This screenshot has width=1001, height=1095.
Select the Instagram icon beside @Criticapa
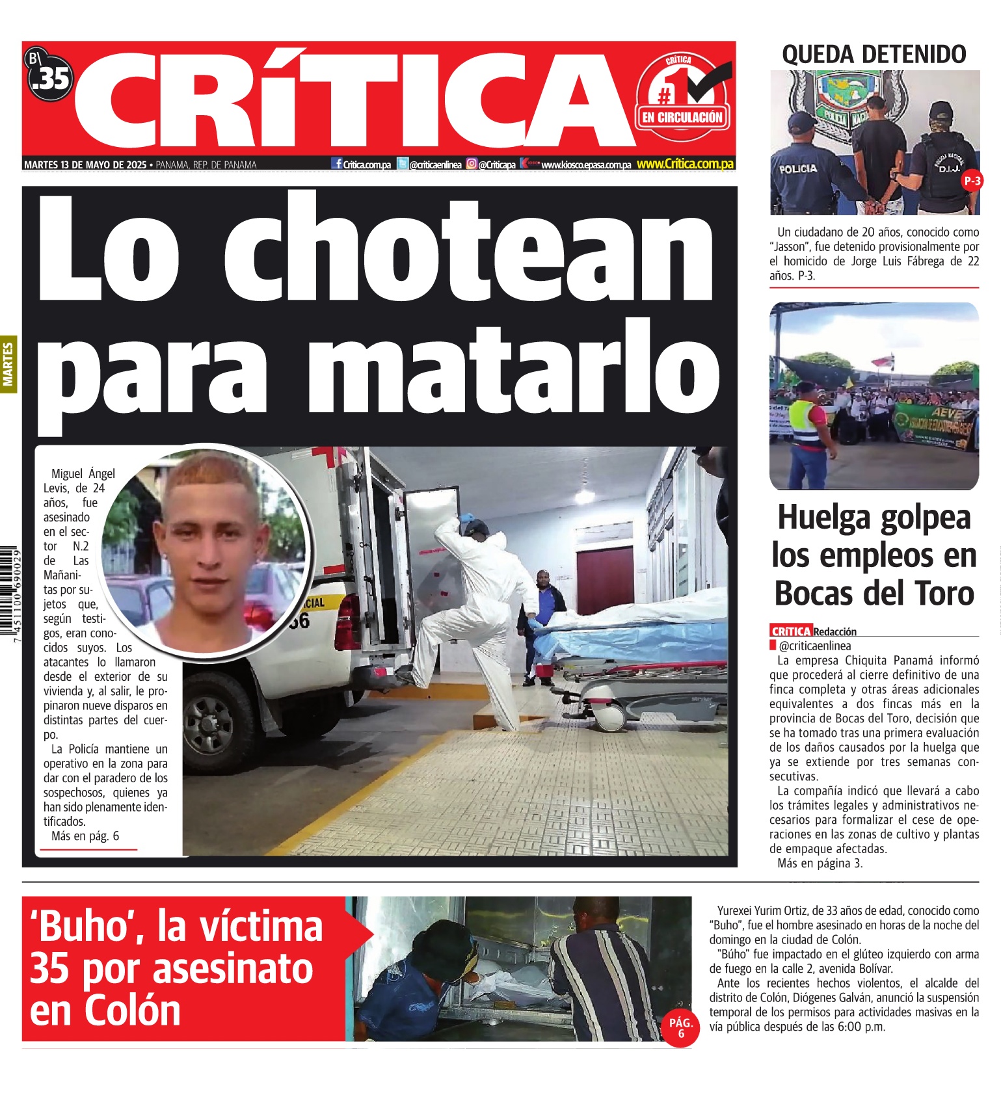point(472,164)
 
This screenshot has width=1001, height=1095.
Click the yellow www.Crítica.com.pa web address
point(685,164)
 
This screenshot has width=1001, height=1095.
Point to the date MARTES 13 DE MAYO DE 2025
point(85,165)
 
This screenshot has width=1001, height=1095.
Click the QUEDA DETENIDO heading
point(874,55)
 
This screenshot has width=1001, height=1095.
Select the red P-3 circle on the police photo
point(972,181)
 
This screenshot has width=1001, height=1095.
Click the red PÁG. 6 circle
point(680,1027)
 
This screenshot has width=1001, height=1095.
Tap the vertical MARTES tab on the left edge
point(8,364)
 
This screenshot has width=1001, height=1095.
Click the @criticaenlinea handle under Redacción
point(814,646)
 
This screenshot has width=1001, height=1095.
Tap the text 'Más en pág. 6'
point(85,836)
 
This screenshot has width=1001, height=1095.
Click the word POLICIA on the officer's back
point(797,169)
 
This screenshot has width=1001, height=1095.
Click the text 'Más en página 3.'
point(820,864)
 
